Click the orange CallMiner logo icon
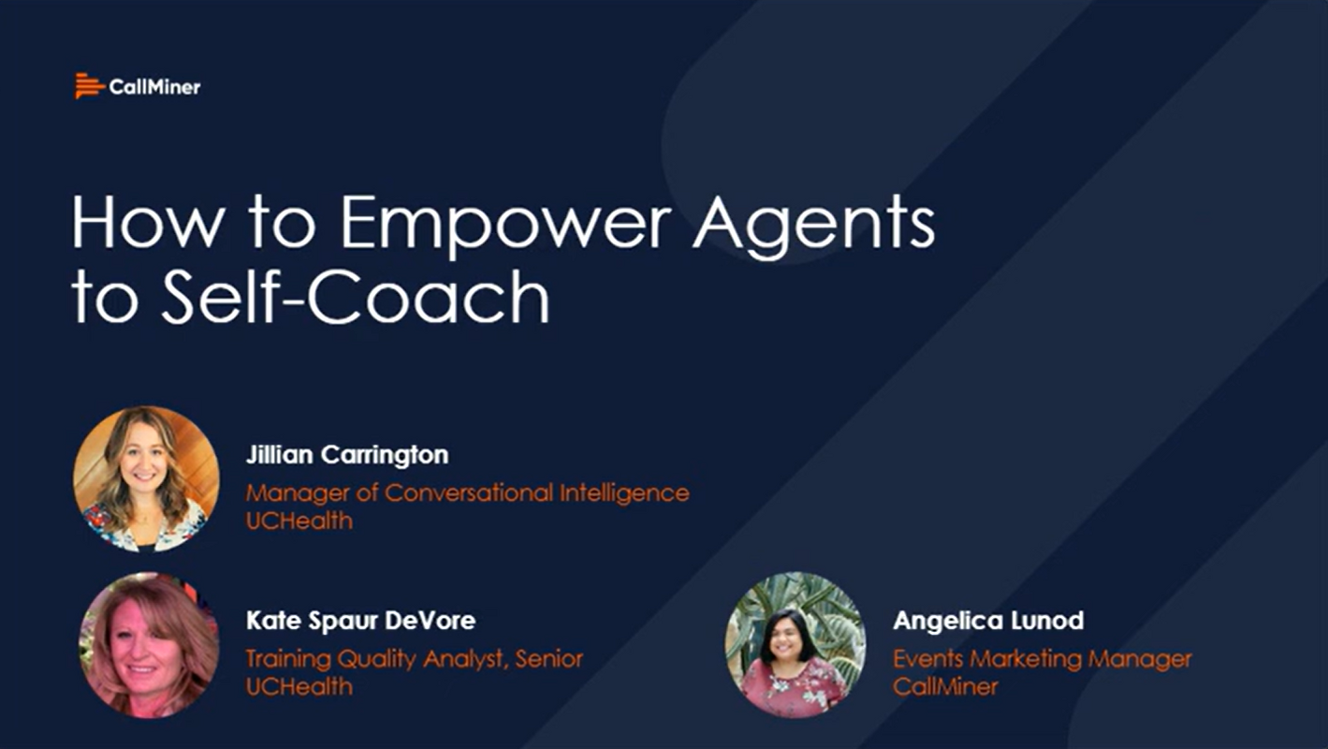coord(89,86)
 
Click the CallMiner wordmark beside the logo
coord(154,87)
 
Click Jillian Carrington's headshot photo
coord(146,478)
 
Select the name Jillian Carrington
coord(346,455)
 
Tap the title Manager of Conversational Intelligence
coord(467,492)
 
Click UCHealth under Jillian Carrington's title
coord(299,521)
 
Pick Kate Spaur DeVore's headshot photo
coord(148,645)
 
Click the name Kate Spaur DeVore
coord(360,620)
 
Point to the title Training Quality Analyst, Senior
coord(414,658)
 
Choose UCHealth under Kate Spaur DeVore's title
coord(299,686)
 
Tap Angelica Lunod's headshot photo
coord(795,645)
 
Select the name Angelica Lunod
coord(988,620)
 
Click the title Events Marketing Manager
coord(1042,658)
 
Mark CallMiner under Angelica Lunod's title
coord(945,686)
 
